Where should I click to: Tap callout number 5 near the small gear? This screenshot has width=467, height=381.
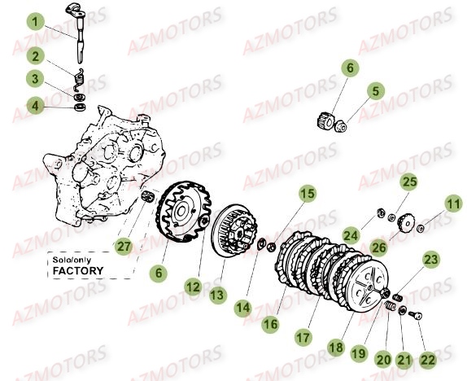click(x=376, y=91)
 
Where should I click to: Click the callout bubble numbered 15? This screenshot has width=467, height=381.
click(x=307, y=194)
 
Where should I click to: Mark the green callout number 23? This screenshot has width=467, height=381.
click(x=431, y=261)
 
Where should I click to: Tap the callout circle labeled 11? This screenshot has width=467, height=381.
click(x=452, y=204)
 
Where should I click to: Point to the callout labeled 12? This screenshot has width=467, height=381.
click(x=193, y=287)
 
